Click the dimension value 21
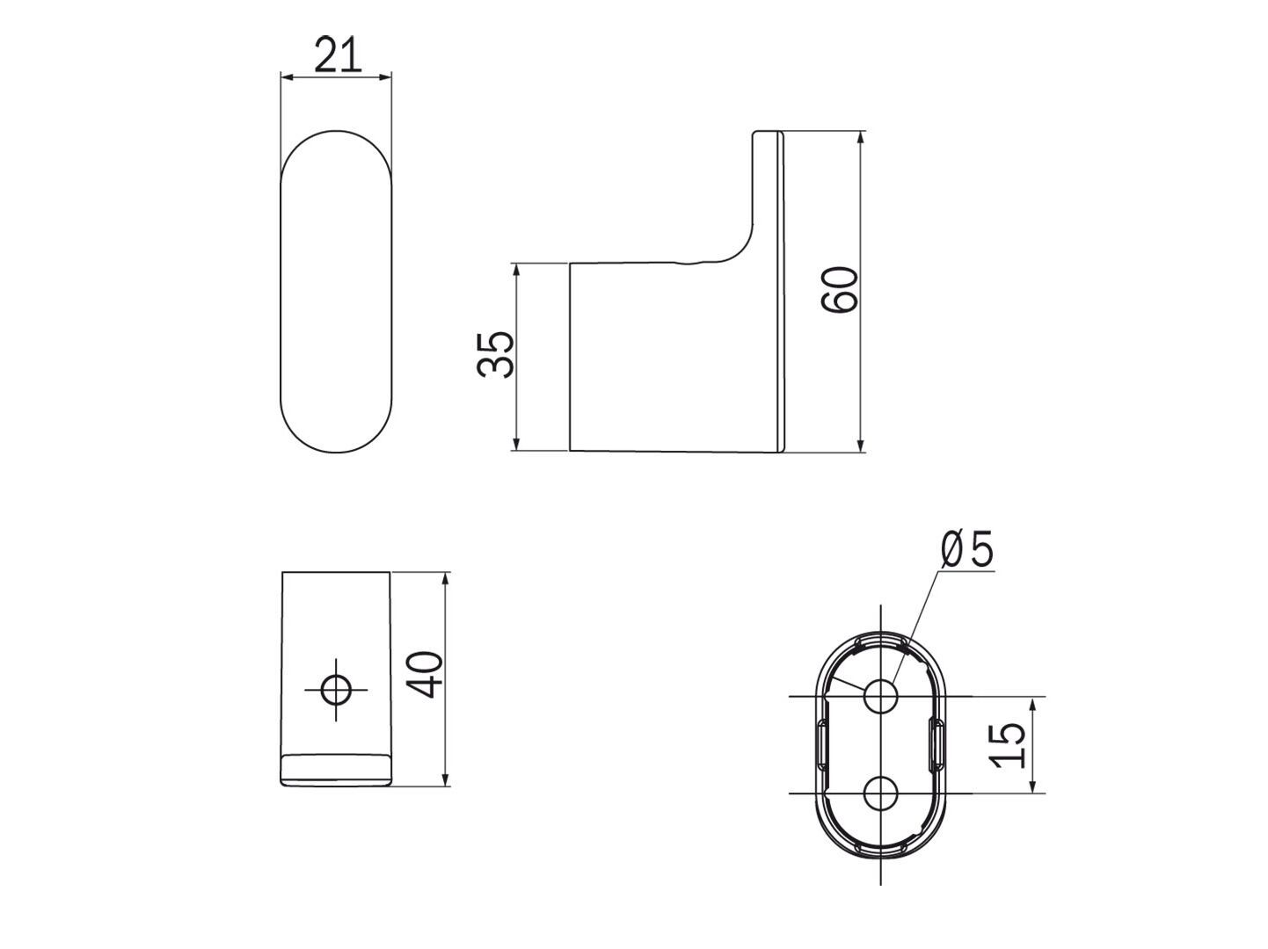338,56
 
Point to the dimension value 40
426,675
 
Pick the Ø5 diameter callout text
966,550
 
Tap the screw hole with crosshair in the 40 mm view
335,690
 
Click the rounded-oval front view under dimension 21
335,292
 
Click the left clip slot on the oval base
822,745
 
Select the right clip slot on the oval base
936,745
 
